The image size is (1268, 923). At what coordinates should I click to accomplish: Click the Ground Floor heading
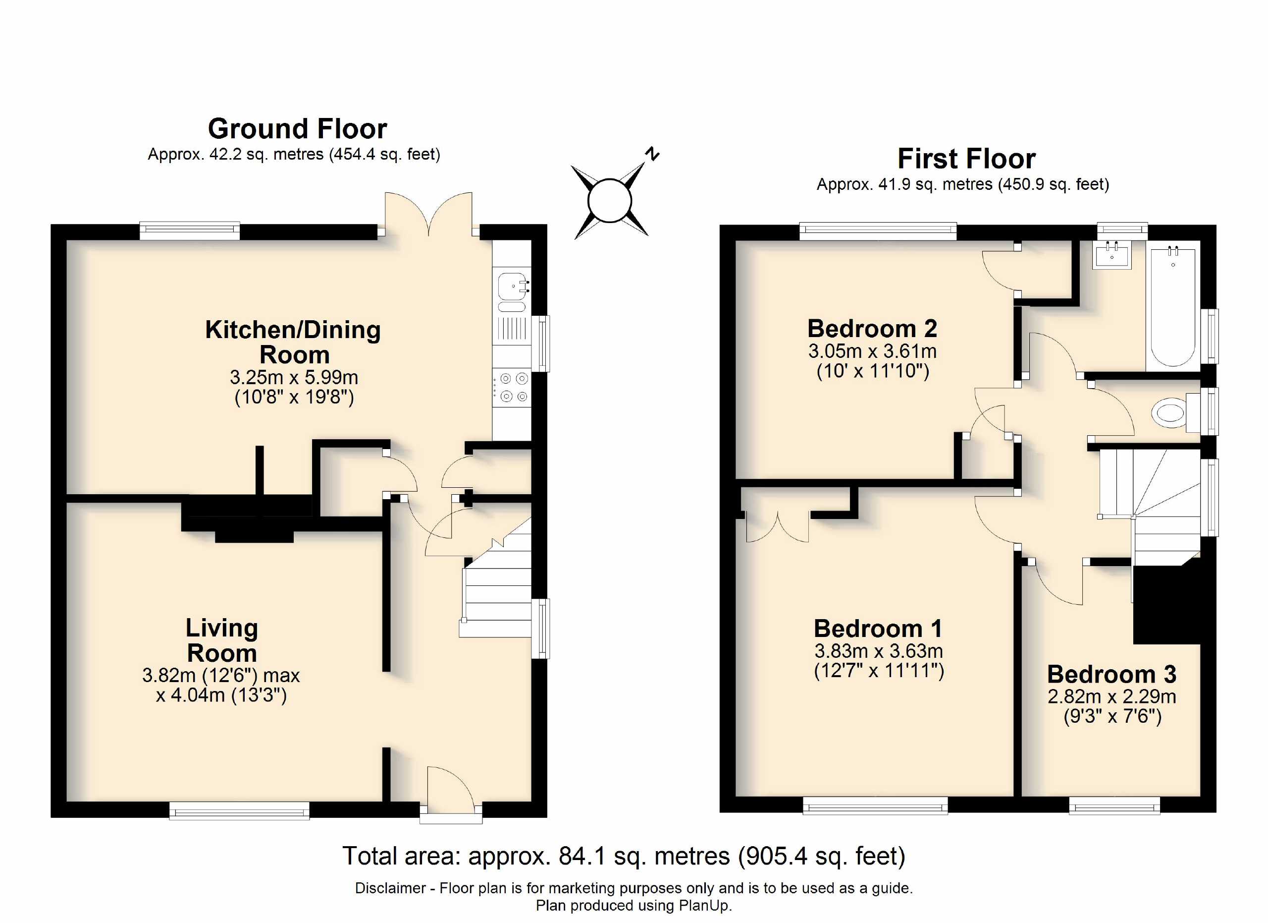click(x=297, y=129)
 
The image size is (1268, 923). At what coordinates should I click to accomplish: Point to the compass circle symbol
click(x=609, y=201)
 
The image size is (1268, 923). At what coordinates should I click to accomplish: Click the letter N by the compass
click(x=652, y=153)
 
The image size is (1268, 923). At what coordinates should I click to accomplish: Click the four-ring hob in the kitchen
click(x=513, y=388)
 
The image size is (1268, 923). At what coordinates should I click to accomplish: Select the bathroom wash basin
click(x=1112, y=256)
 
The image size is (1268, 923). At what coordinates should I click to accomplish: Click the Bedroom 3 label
click(x=1111, y=675)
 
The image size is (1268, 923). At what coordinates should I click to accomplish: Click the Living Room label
click(x=222, y=640)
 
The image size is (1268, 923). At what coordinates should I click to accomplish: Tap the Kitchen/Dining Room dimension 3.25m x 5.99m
click(x=294, y=378)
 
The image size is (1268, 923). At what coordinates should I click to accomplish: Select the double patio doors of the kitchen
click(x=428, y=215)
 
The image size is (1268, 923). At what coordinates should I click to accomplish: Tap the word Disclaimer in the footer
click(x=390, y=888)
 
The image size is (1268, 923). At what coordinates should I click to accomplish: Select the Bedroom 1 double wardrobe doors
click(x=777, y=528)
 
